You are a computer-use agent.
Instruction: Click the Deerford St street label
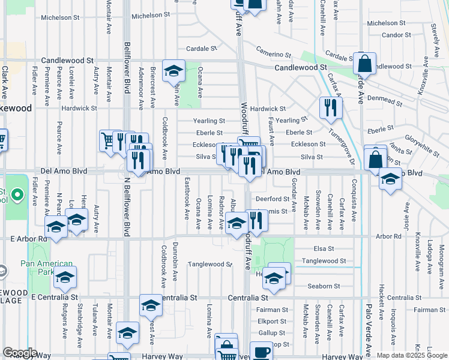click(273, 199)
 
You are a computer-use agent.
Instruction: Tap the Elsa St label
click(323, 248)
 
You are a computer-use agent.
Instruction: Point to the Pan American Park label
click(46, 268)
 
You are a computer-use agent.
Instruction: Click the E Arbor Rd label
click(29, 238)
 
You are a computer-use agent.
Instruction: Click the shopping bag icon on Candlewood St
click(364, 63)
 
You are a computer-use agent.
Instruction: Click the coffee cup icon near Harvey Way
click(261, 352)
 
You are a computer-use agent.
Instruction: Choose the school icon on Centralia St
click(151, 305)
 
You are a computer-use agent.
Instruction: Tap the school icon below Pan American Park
click(65, 278)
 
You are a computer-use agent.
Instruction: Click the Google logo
click(20, 353)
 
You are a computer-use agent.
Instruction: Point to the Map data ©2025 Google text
click(411, 355)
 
